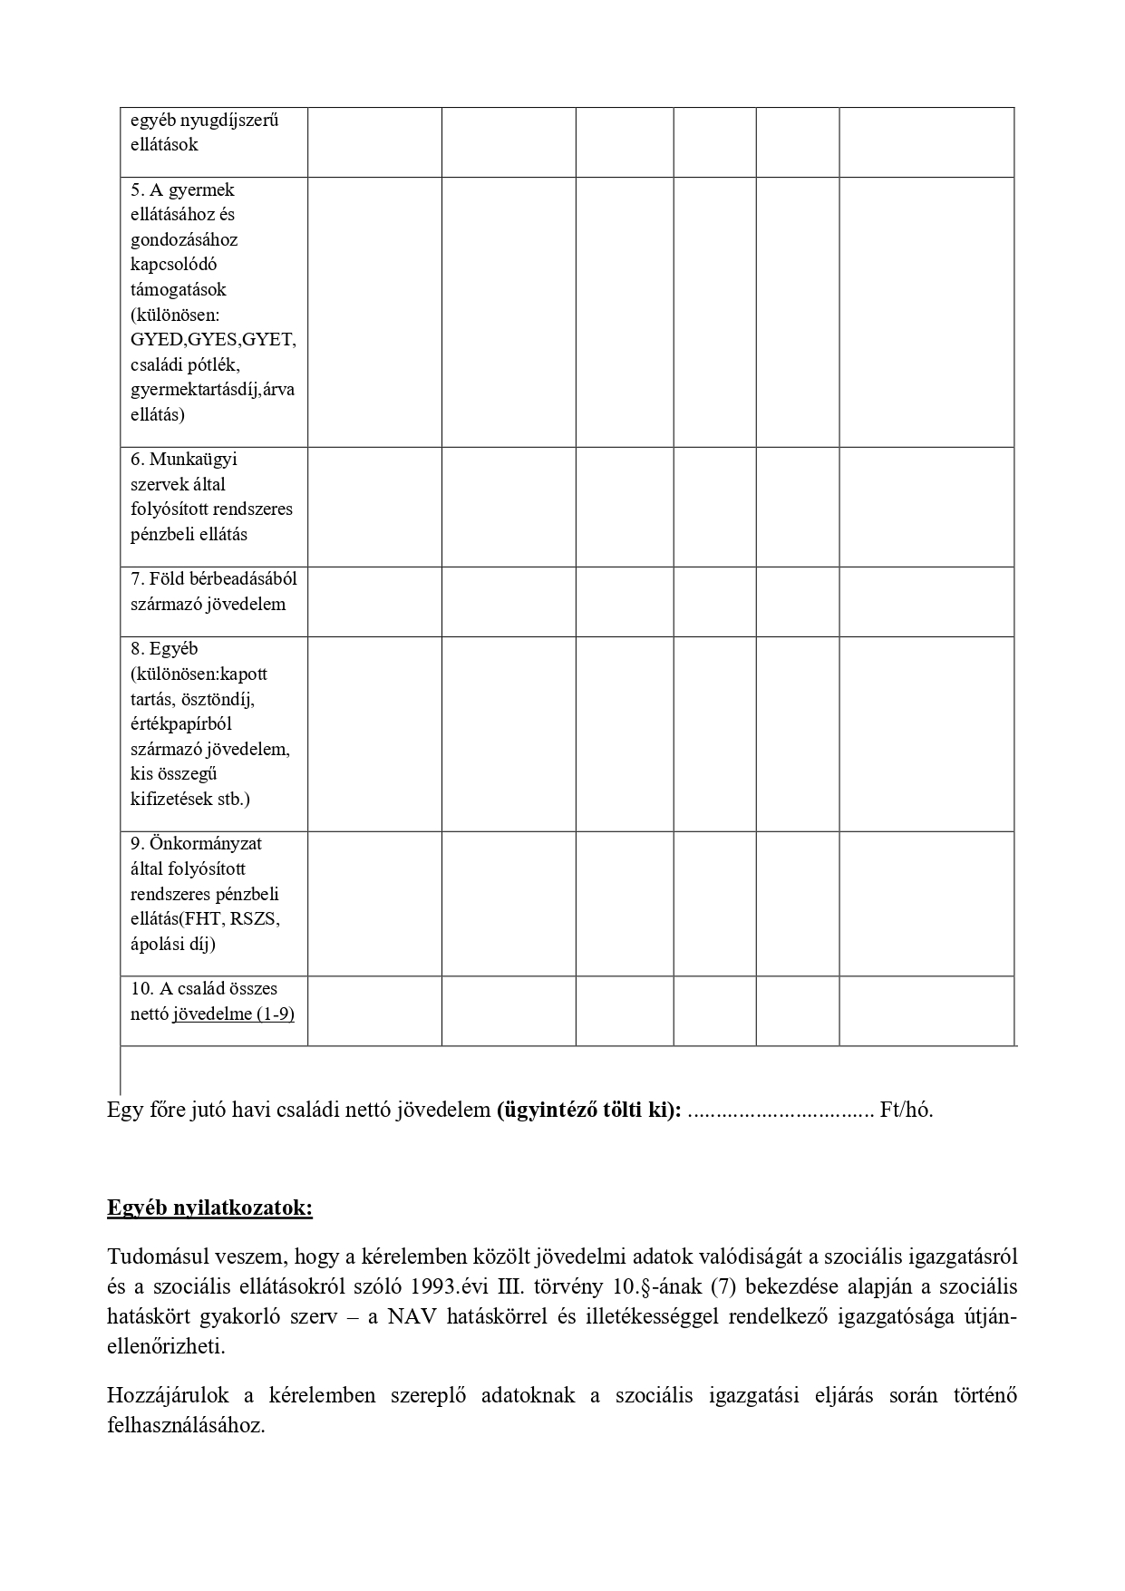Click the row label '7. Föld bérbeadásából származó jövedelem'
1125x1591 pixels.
[213, 591]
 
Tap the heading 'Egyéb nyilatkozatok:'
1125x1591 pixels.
[209, 1208]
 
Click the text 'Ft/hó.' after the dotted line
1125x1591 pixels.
[906, 1110]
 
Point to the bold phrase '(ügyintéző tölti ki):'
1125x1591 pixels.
[588, 1110]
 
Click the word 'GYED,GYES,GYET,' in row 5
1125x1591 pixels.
[213, 340]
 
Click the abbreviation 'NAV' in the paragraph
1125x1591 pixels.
[412, 1316]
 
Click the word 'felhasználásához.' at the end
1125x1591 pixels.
[186, 1425]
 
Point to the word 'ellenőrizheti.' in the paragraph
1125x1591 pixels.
[166, 1346]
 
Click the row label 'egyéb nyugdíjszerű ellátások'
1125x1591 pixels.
[204, 132]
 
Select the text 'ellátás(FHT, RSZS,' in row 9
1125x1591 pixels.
[205, 918]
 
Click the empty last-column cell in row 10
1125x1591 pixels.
[926, 1011]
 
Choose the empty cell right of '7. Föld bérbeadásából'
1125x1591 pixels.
[374, 602]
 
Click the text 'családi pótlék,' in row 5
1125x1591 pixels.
[185, 364]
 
